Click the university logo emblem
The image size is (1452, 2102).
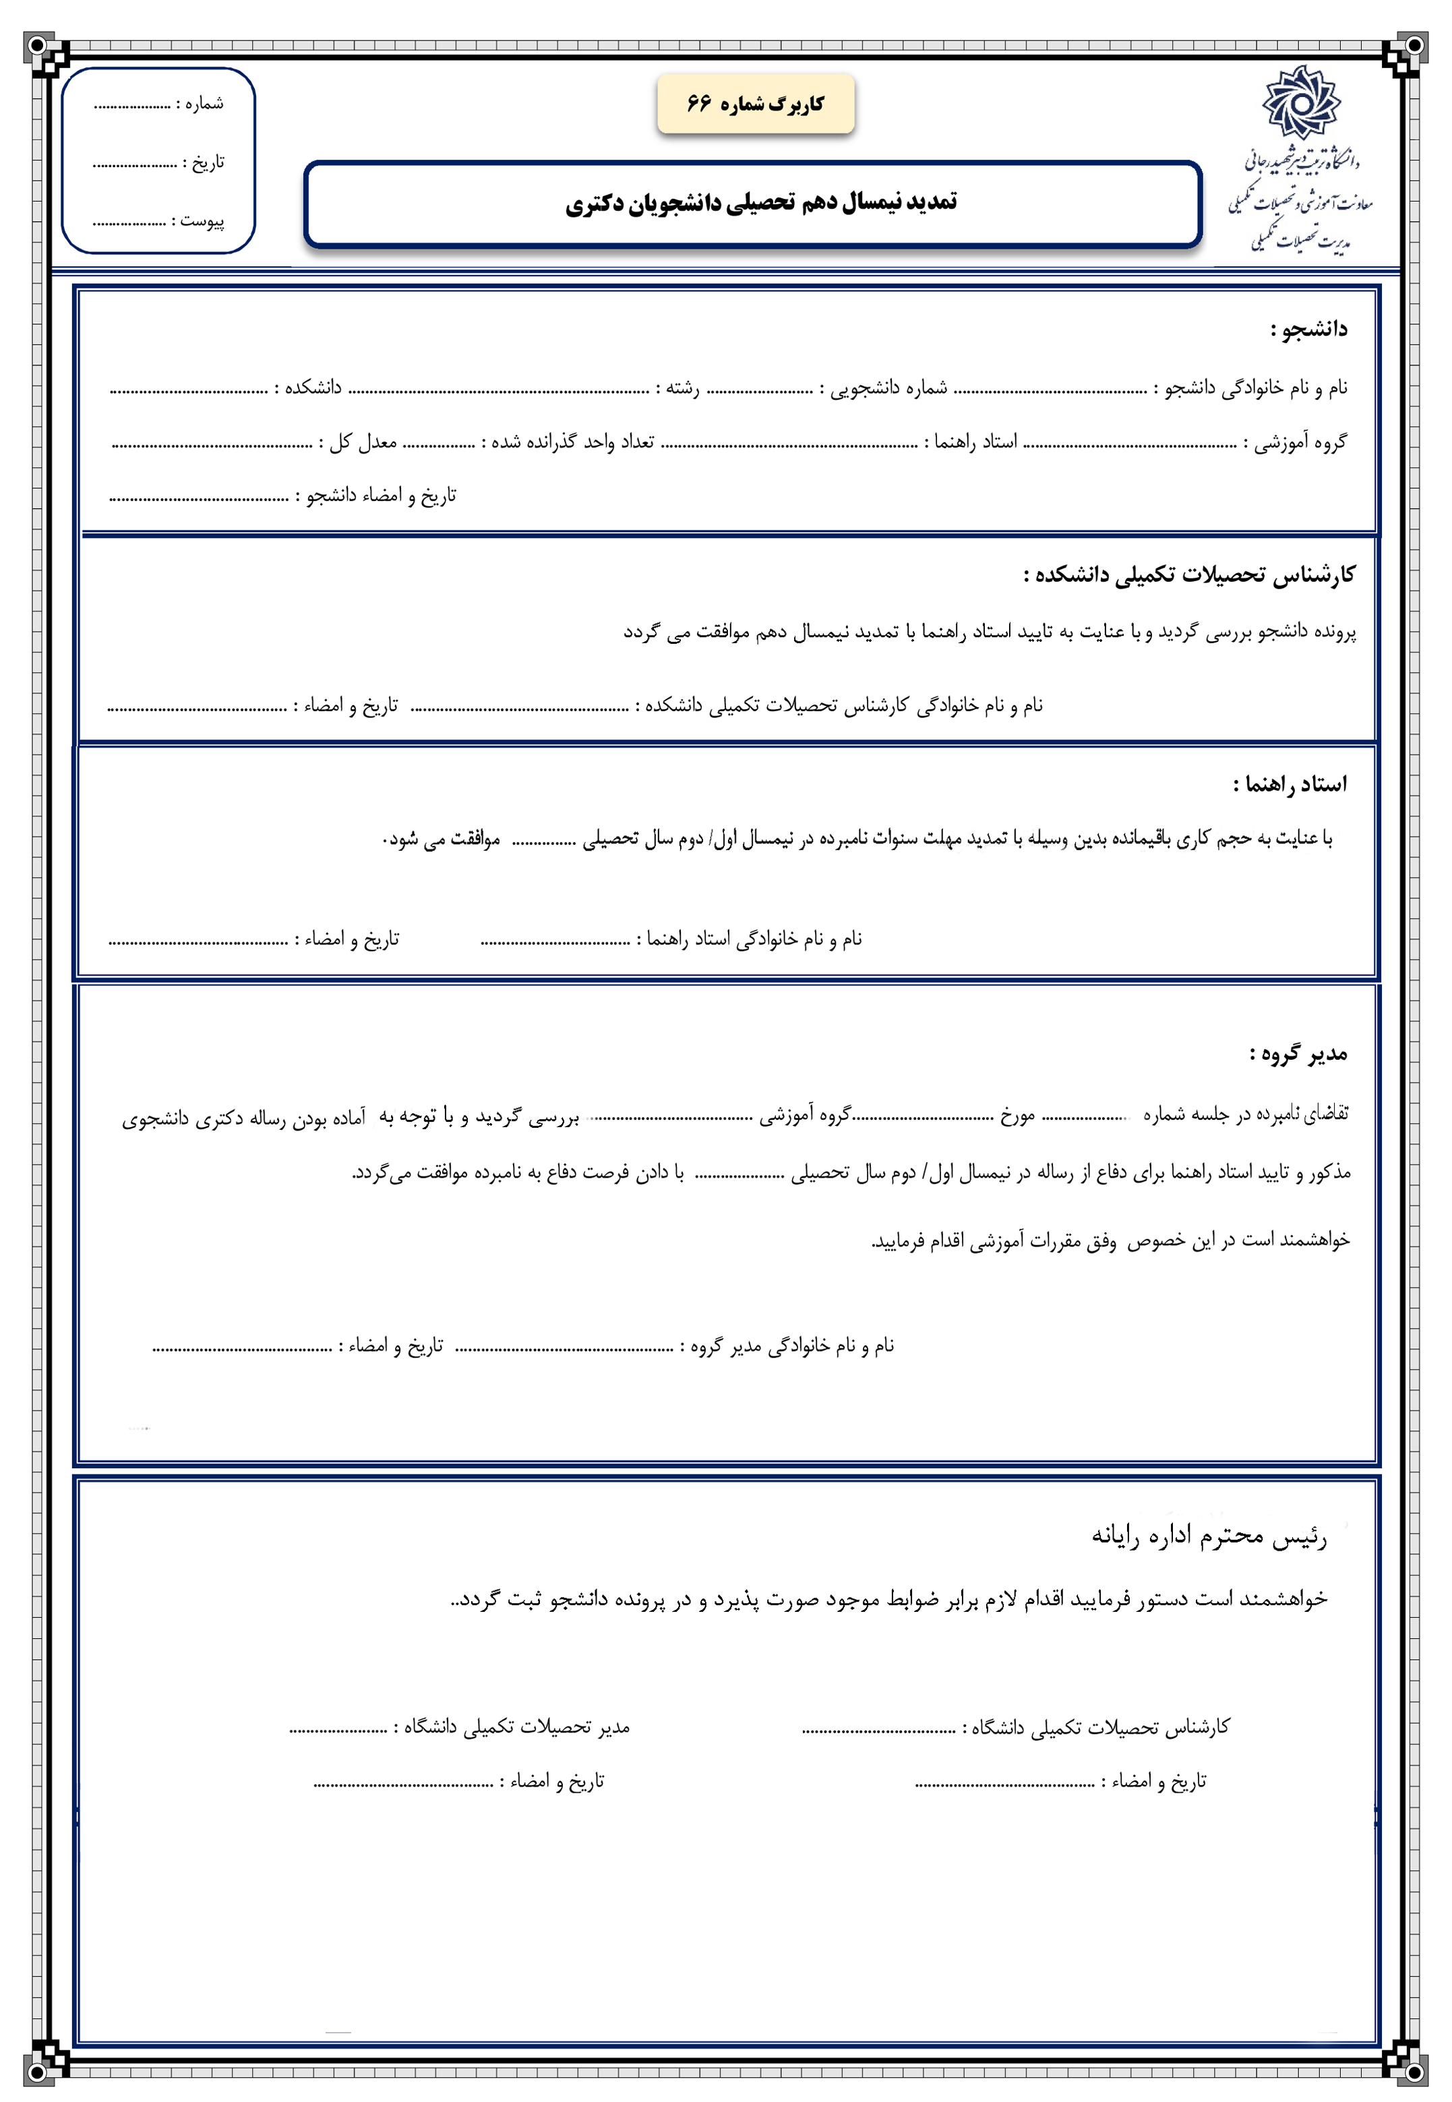(x=1300, y=102)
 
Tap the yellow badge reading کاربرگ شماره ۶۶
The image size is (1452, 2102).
(x=755, y=104)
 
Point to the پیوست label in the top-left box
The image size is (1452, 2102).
(x=200, y=221)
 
